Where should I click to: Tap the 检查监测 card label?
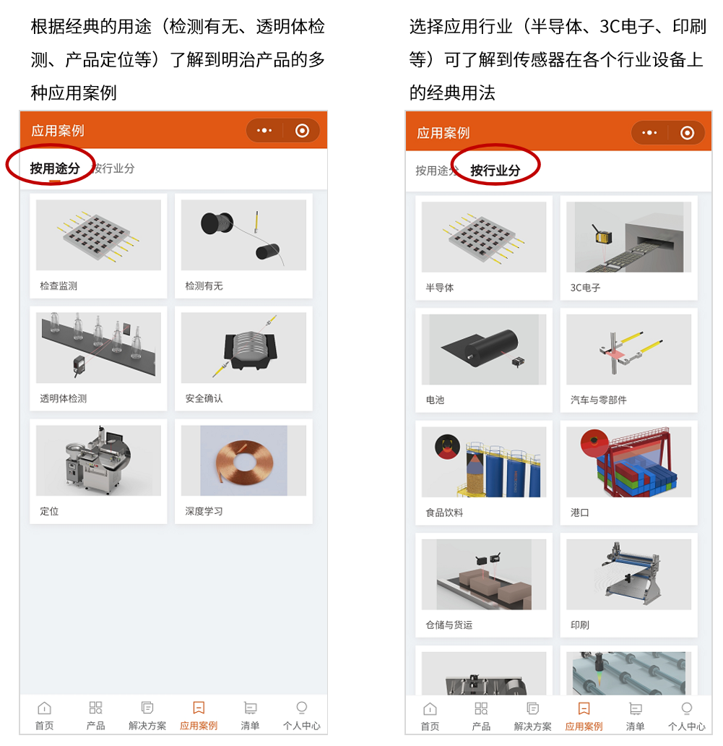(59, 286)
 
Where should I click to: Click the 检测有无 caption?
(204, 286)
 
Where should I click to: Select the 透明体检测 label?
(64, 398)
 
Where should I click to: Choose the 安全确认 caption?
(204, 398)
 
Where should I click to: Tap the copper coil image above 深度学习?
(243, 460)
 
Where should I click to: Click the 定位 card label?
(49, 511)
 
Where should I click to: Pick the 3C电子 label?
(585, 288)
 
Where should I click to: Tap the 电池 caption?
(435, 400)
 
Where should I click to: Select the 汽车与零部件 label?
(599, 400)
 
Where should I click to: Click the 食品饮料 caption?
(444, 513)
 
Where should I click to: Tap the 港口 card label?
(579, 513)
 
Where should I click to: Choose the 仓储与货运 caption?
(449, 625)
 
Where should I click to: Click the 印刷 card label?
(579, 625)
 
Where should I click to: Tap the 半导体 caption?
(440, 288)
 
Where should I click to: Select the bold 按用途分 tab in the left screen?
(55, 168)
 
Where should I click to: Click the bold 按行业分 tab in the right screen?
(495, 171)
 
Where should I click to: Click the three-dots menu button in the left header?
(264, 131)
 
